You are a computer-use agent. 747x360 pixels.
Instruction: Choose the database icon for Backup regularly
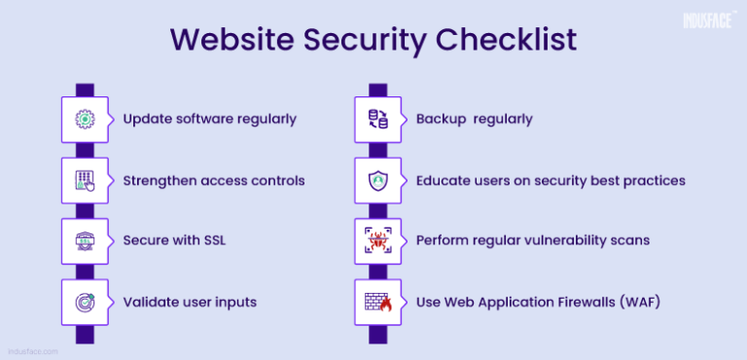click(377, 120)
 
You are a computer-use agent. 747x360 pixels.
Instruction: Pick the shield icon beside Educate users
click(377, 181)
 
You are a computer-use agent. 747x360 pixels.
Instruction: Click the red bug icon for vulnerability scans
click(377, 241)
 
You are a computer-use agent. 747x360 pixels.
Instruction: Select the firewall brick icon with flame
click(377, 303)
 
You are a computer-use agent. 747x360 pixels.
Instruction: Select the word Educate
click(445, 181)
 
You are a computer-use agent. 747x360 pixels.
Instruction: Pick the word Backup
click(443, 120)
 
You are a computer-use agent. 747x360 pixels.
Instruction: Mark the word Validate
click(151, 303)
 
